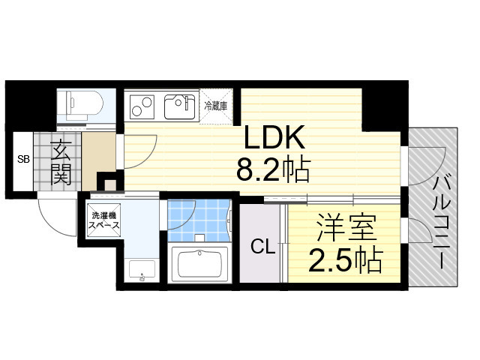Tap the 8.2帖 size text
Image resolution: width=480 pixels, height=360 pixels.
pyautogui.click(x=274, y=172)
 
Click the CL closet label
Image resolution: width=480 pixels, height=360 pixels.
pyautogui.click(x=260, y=245)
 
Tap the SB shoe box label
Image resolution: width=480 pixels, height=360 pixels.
pyautogui.click(x=23, y=159)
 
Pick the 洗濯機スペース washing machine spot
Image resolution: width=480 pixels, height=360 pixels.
pyautogui.click(x=101, y=220)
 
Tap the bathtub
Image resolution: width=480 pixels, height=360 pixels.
pyautogui.click(x=199, y=262)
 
